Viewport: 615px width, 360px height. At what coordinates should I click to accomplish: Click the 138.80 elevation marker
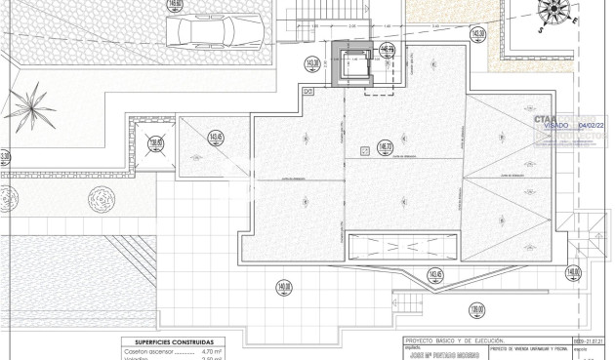click(154, 145)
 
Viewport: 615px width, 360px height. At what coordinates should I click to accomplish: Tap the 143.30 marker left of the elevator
click(313, 66)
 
